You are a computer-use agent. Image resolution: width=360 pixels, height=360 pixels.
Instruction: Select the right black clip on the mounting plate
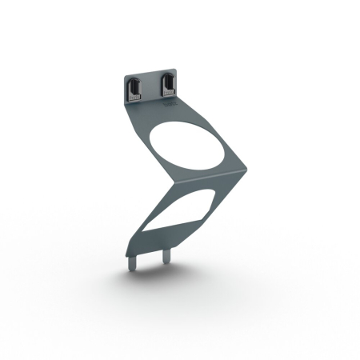169,86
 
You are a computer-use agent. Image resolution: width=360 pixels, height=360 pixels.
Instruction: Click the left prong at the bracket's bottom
133,258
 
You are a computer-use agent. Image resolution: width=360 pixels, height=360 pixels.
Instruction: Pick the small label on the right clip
170,94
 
